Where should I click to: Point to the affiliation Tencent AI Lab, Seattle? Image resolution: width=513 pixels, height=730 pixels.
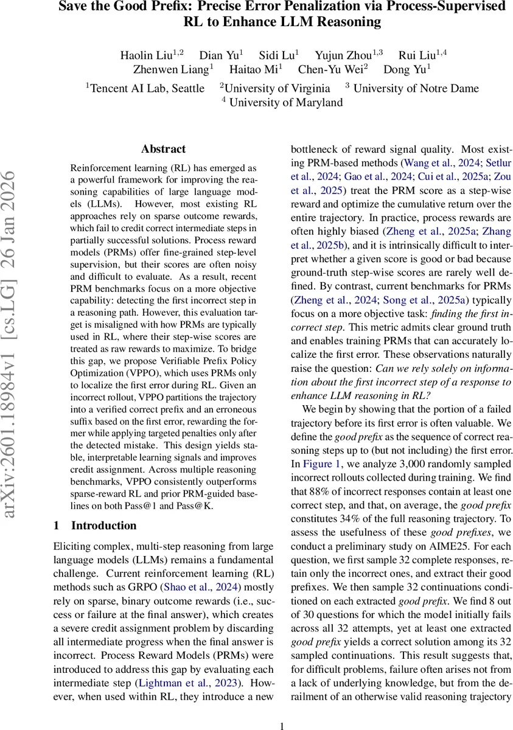pos(147,88)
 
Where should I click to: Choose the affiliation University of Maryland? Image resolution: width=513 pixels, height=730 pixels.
pos(285,102)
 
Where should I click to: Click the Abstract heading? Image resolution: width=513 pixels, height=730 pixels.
pos(163,149)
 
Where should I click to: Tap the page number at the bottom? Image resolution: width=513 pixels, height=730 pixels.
pos(282,725)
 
